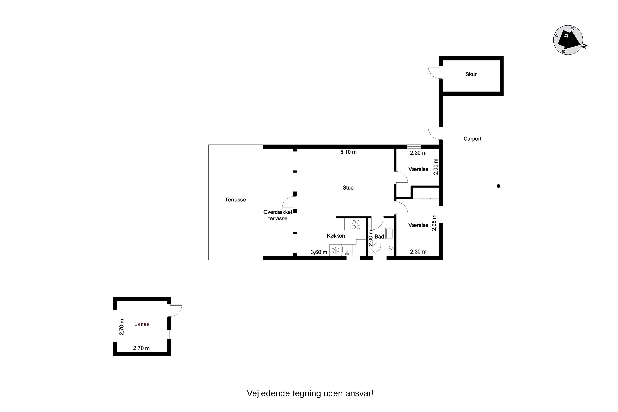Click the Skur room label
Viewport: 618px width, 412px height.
[471, 74]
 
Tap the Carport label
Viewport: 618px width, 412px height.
[472, 139]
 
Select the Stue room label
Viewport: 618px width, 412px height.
[348, 188]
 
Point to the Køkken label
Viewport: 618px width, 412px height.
[336, 236]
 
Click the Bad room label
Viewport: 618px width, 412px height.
[379, 236]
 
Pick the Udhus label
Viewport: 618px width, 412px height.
[142, 324]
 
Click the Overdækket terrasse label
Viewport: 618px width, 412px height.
[278, 215]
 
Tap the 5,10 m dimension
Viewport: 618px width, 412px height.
[348, 152]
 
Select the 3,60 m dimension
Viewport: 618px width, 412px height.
[319, 252]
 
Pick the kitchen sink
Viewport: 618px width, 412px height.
[347, 250]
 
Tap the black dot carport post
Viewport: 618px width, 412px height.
[499, 186]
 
